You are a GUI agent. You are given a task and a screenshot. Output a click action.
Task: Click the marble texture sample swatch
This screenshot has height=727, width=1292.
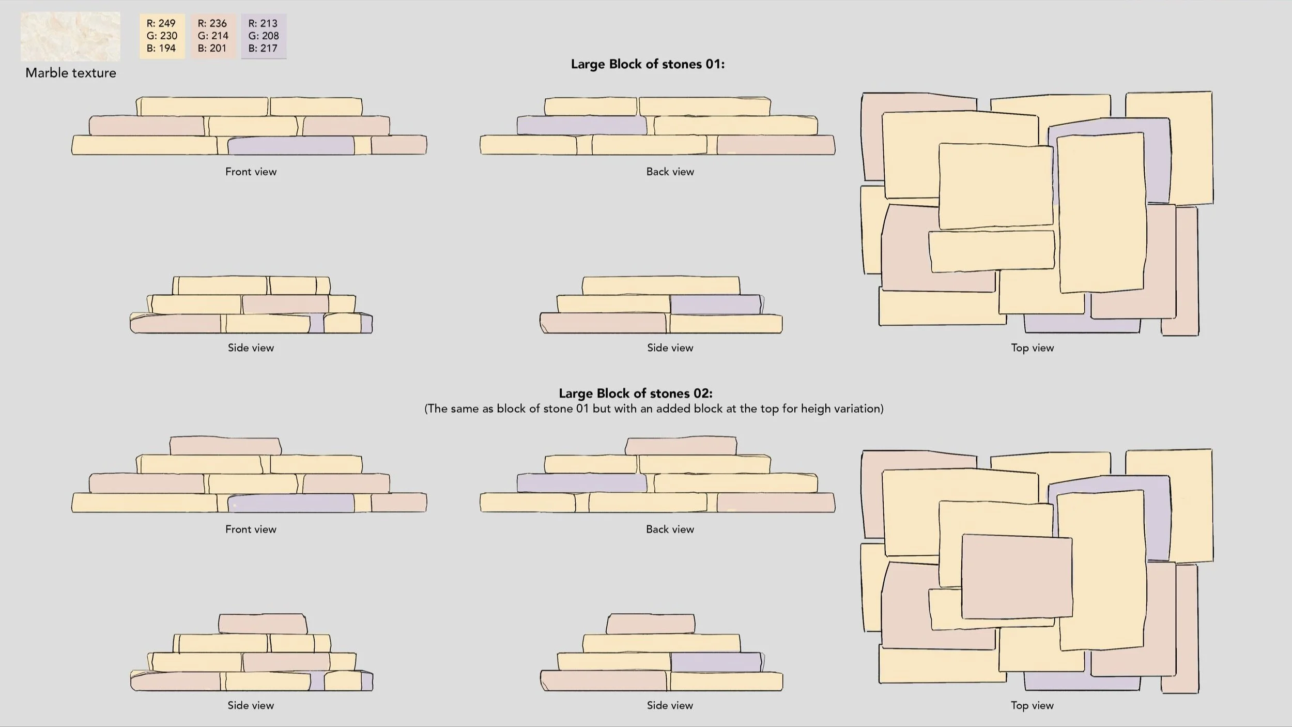tap(70, 37)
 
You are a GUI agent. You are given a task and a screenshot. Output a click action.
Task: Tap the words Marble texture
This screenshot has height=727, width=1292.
tap(71, 73)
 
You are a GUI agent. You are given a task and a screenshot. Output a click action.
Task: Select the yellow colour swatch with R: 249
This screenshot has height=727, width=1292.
tap(162, 36)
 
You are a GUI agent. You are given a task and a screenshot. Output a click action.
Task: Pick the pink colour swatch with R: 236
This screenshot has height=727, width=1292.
tap(212, 36)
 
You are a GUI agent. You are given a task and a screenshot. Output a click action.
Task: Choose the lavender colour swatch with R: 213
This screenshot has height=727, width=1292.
tap(264, 36)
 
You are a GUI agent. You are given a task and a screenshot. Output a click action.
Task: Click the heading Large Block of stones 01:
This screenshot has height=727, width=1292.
tap(648, 64)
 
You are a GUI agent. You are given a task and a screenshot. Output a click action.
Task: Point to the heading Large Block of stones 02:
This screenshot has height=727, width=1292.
tap(636, 393)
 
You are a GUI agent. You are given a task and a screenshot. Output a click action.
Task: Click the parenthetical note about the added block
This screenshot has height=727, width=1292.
tap(654, 409)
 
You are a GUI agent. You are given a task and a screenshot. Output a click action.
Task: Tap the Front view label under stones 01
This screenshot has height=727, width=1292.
tap(251, 172)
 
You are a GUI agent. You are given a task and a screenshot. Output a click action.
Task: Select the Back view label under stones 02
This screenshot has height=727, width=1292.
tap(670, 529)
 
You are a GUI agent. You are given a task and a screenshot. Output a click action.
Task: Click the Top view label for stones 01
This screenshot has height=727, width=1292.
tap(1032, 348)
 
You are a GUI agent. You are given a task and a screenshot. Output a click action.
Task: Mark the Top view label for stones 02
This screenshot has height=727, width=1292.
tap(1032, 705)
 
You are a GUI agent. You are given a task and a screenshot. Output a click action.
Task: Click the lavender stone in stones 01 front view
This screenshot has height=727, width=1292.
tap(291, 146)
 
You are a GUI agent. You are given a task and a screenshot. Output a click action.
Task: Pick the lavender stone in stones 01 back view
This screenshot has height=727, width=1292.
tap(581, 126)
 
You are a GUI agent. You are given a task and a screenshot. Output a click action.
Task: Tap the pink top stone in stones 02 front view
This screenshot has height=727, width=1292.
tap(225, 446)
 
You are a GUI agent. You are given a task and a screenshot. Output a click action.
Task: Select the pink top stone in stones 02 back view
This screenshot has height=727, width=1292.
tap(681, 446)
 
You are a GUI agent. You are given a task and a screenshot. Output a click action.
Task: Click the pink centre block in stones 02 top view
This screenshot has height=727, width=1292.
tap(1017, 577)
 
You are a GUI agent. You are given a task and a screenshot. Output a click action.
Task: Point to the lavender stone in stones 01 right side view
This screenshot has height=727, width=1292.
tap(715, 305)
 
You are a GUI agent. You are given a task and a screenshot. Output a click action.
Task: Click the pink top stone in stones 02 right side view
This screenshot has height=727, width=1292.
tap(651, 624)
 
